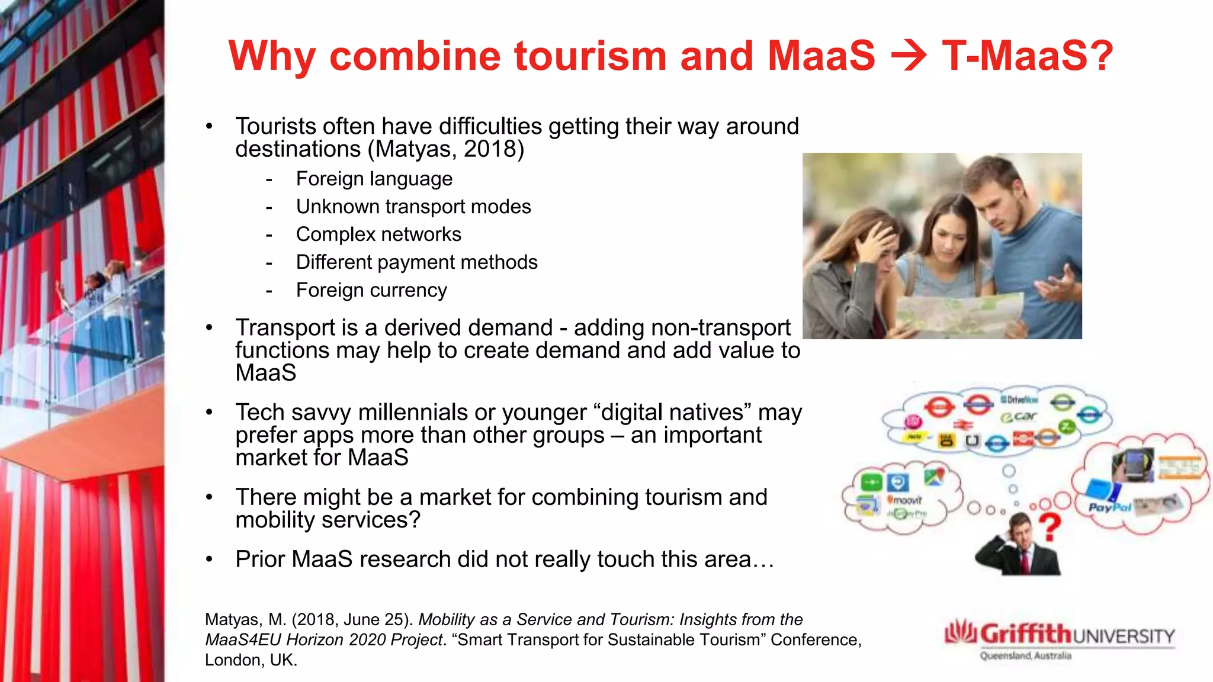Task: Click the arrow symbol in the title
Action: click(908, 57)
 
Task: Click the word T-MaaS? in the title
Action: click(1028, 57)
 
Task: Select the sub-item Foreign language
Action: click(374, 179)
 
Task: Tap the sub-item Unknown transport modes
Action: click(413, 207)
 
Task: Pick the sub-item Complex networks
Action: click(378, 234)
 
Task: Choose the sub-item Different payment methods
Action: click(416, 262)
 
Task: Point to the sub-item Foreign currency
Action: click(371, 290)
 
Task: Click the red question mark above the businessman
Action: click(1050, 527)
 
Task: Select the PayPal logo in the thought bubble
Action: click(1109, 507)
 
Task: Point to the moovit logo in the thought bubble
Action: click(904, 500)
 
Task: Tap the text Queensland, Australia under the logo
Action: click(1025, 656)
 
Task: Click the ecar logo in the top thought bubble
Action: click(1018, 417)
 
